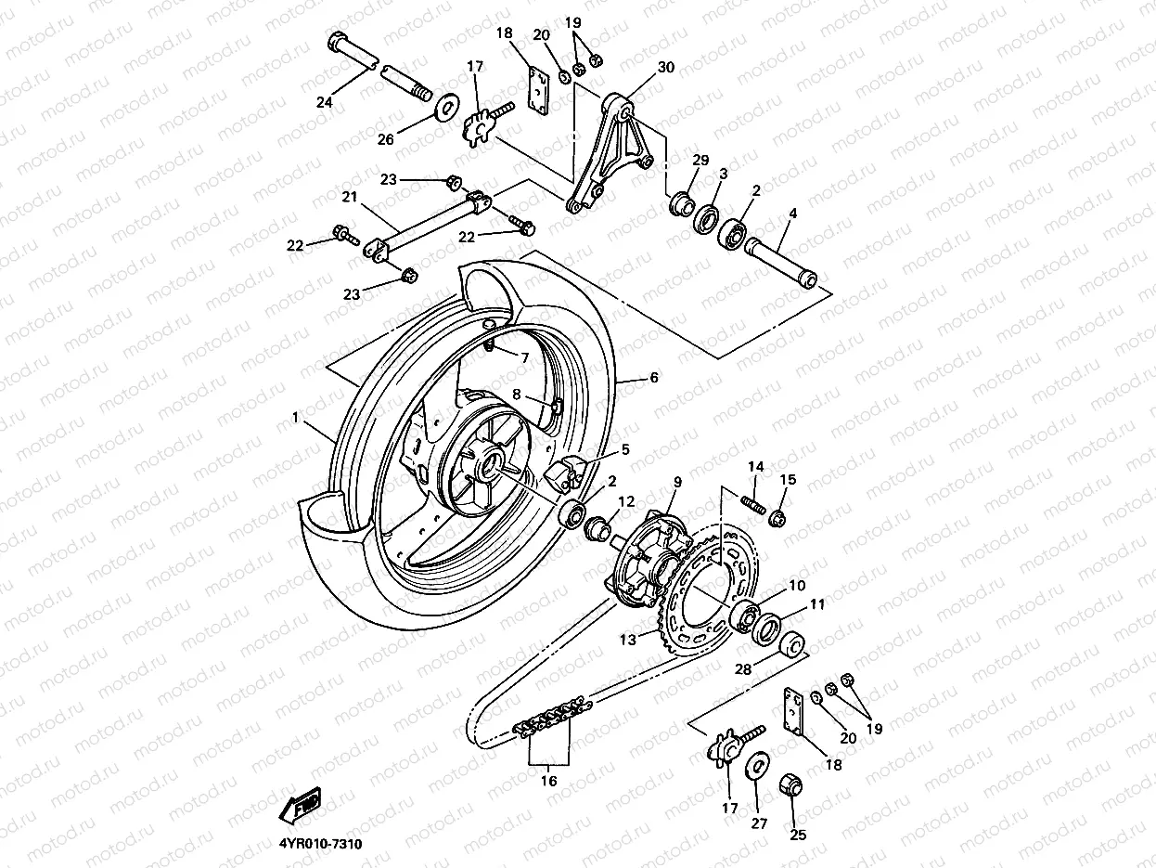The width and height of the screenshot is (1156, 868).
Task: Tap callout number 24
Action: click(324, 103)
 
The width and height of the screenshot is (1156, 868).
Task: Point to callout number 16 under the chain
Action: click(548, 781)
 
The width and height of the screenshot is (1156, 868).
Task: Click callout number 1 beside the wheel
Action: click(296, 419)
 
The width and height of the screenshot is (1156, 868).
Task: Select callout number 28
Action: click(742, 669)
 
